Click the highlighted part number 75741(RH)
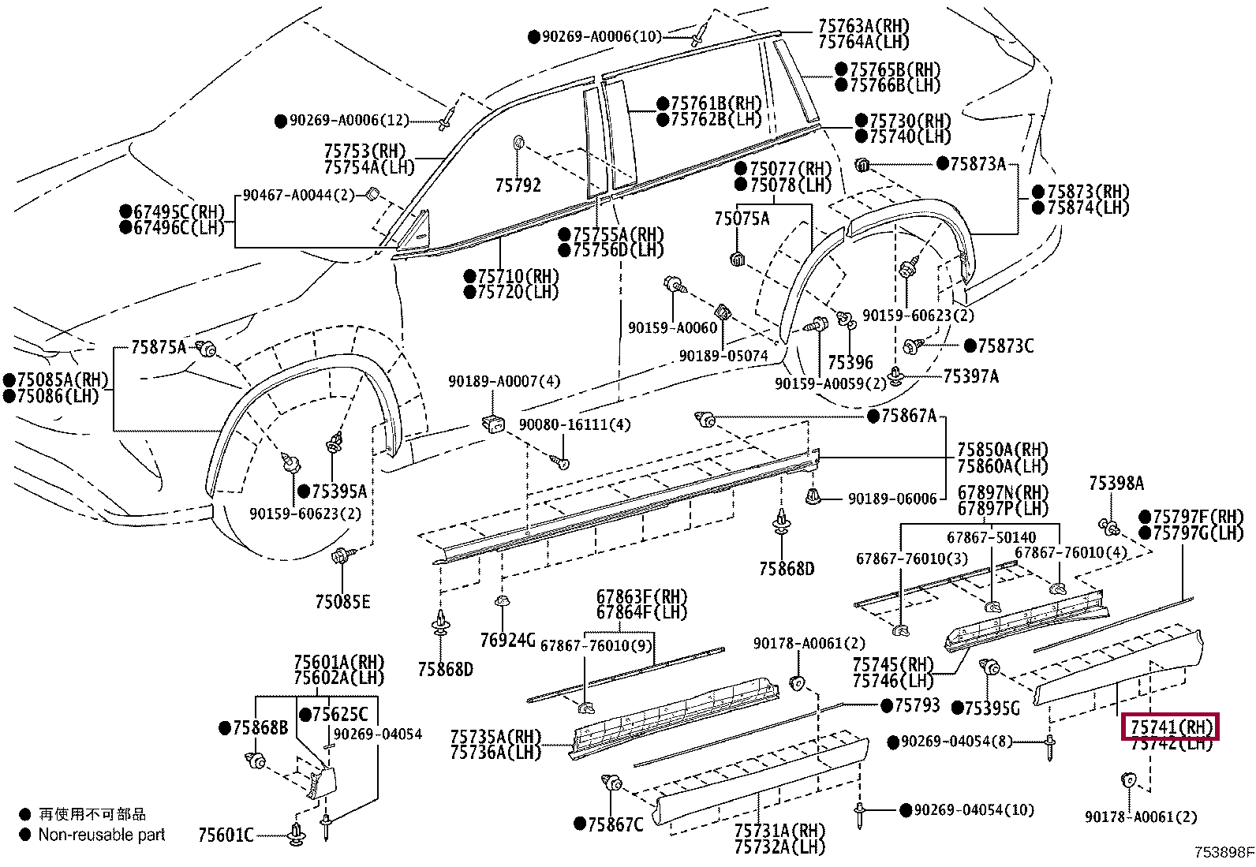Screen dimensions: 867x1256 pos(1170,727)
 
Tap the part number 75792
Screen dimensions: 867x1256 pos(518,185)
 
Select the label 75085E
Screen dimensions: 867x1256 pos(342,602)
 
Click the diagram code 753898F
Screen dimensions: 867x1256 pos(1222,852)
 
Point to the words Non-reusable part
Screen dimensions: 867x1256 pos(102,835)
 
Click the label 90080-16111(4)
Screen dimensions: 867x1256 pos(574,424)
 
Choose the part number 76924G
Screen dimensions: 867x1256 pos(507,639)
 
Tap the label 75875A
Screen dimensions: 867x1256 pos(159,346)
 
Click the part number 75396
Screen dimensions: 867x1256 pos(850,362)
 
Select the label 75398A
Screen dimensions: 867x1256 pos(1116,483)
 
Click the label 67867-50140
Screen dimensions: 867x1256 pos(991,537)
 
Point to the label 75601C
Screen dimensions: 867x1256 pos(226,835)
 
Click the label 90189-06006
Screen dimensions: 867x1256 pos(892,499)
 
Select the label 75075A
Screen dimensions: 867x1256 pos(742,219)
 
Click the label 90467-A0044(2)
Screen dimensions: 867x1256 pos(298,195)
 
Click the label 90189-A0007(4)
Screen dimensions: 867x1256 pos(504,381)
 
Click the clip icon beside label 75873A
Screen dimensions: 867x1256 pos(862,165)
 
